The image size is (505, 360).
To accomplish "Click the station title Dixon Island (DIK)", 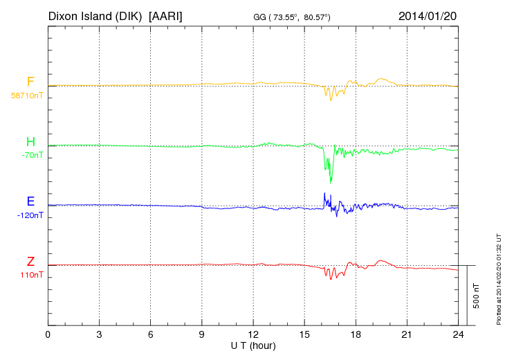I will (95, 15).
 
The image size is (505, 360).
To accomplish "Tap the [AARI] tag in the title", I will (165, 15).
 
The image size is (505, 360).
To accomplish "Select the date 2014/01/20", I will (428, 15).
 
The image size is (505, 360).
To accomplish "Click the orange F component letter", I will (30, 82).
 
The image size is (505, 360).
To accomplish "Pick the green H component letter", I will (30, 143).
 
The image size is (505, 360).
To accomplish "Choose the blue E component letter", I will (30, 202).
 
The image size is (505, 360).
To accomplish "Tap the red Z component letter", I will (30, 262).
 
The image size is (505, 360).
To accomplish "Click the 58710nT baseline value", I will (27, 96).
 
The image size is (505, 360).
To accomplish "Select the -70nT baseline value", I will (33, 156).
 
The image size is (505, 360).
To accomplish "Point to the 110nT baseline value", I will (32, 275).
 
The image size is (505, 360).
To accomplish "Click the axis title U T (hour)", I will (253, 345).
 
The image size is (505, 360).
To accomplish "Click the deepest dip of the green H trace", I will (331, 183).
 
